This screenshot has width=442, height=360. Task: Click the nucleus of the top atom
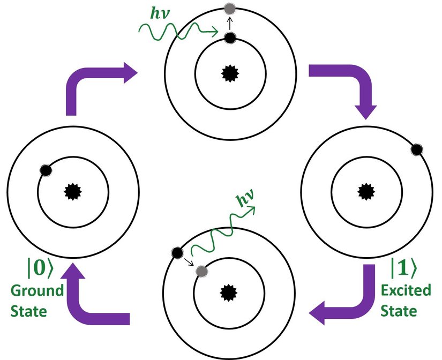230,73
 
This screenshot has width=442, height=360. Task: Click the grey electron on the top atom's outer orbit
230,9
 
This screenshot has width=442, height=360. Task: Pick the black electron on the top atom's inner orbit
230,37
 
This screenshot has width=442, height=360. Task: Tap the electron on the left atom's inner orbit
45,170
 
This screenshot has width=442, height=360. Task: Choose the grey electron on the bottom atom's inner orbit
201,271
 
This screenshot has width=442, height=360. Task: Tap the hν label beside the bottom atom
246,199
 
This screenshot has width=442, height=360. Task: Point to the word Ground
35,291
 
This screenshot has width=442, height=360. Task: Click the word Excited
406,290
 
